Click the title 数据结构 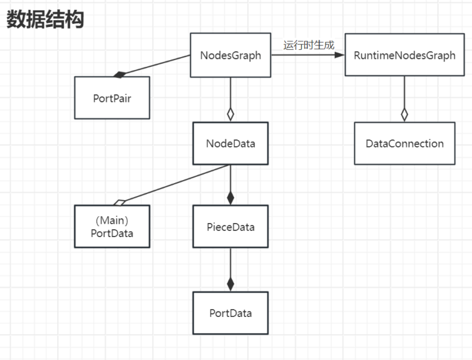45,20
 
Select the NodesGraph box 230,55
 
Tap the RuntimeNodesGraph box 404,55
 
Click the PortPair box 112,97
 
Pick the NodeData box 230,144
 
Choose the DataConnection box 404,144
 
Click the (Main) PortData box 112,227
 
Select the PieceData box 230,227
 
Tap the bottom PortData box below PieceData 230,313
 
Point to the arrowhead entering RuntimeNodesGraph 339,55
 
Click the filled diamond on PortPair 119,74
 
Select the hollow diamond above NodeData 230,114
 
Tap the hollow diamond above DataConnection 404,114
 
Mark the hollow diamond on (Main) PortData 119,202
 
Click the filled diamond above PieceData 230,197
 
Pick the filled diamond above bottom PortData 230,283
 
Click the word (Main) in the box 112,221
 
